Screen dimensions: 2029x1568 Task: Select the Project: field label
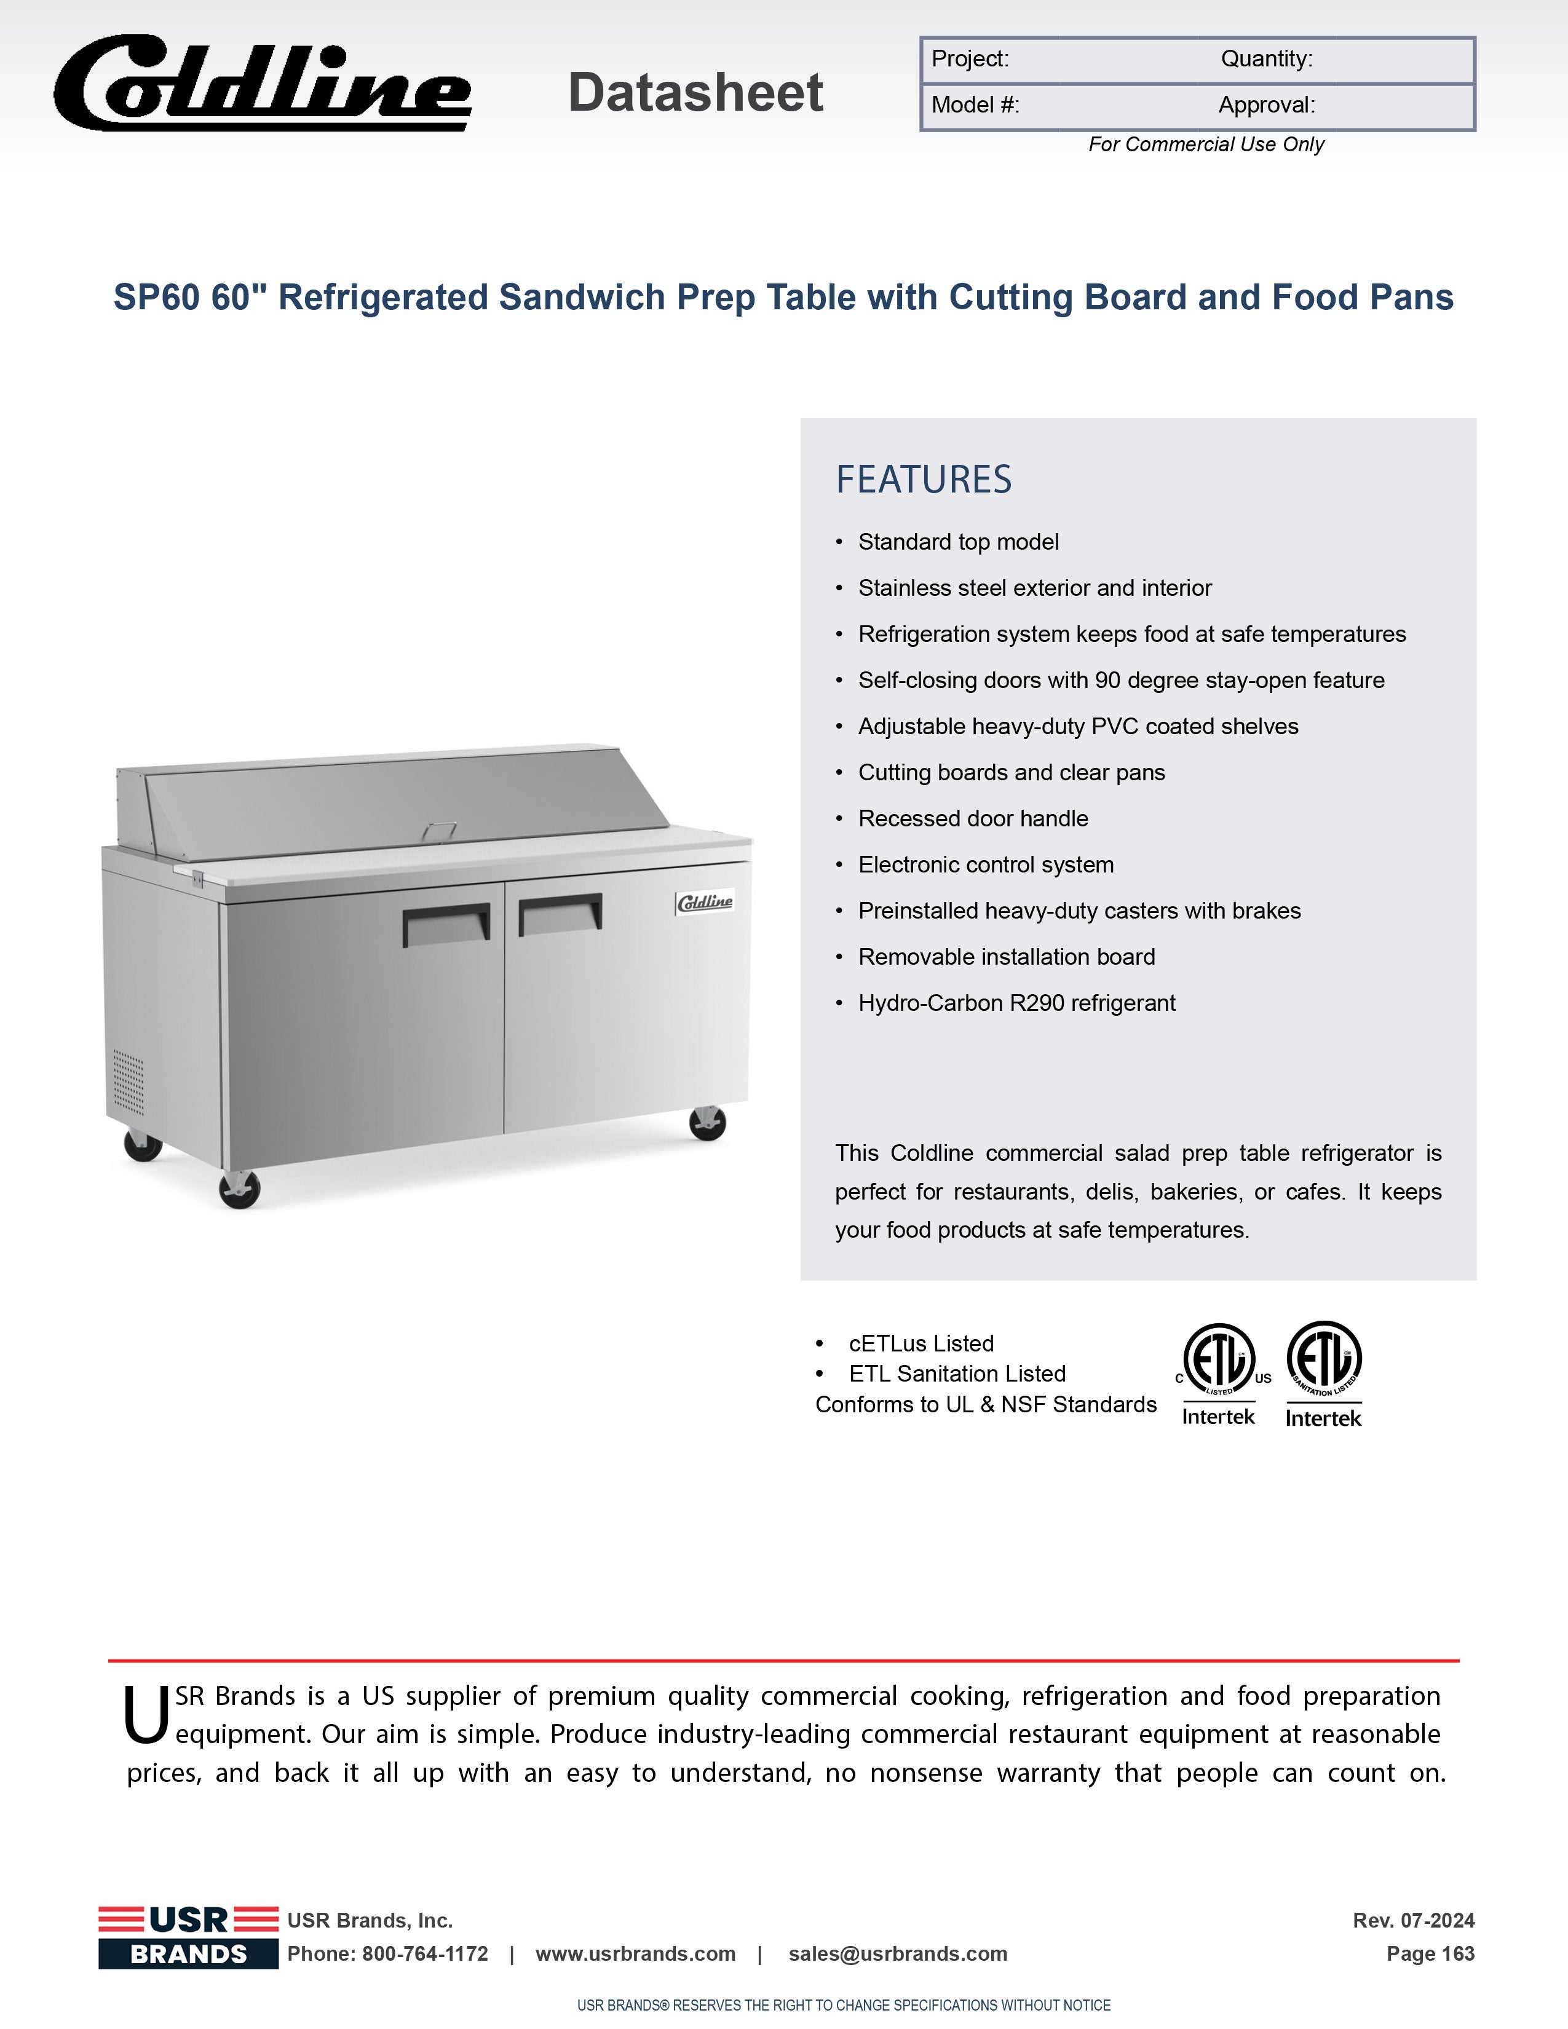click(970, 60)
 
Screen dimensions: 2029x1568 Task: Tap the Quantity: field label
click(1266, 60)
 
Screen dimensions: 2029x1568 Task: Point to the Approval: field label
click(1266, 105)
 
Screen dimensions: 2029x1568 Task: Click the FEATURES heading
click(924, 480)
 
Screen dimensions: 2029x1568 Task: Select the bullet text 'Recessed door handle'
click(973, 818)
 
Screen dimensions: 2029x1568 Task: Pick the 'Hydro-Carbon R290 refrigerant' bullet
click(1016, 1003)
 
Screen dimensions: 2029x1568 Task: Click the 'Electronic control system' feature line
click(986, 865)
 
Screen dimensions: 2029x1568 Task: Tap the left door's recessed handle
click(446, 924)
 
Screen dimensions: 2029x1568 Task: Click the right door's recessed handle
click(560, 913)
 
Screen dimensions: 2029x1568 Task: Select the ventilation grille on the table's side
click(128, 1082)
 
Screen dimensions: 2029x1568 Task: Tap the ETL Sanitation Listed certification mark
click(1324, 1373)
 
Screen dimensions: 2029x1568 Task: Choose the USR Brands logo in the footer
click(189, 1936)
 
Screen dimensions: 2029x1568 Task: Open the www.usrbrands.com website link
click(635, 1954)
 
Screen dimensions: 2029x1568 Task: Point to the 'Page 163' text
click(1430, 1954)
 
